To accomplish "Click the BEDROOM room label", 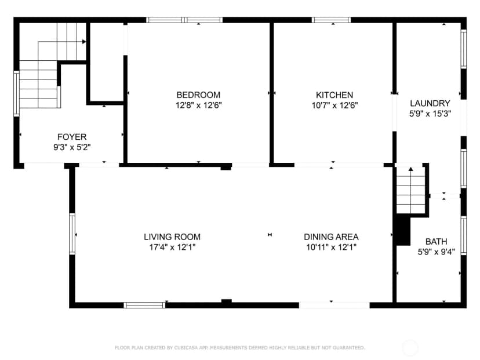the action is click(x=198, y=95).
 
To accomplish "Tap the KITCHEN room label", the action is click(x=334, y=95).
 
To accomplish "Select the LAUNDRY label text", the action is click(x=430, y=103).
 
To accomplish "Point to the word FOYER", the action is click(x=72, y=137).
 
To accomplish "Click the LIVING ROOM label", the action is click(x=172, y=237).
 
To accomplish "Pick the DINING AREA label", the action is click(x=331, y=237).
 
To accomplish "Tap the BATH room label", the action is click(x=436, y=242).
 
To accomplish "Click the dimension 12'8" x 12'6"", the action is click(x=198, y=106).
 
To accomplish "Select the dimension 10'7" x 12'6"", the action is click(x=334, y=106).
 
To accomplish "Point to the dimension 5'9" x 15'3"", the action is click(x=430, y=114).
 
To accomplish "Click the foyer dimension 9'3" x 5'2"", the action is click(x=72, y=147).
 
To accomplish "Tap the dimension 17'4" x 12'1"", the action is click(x=172, y=247).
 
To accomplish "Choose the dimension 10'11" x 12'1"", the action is click(x=331, y=247).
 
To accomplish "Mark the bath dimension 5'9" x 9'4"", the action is click(x=436, y=252).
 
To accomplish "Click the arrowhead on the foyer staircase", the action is click(x=84, y=42).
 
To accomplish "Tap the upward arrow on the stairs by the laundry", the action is click(x=411, y=169).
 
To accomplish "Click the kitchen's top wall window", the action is click(x=331, y=20).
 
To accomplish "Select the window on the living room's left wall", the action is click(x=72, y=234).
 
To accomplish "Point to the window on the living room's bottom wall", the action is click(x=144, y=305).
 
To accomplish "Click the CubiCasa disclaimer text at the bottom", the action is click(x=240, y=348).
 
